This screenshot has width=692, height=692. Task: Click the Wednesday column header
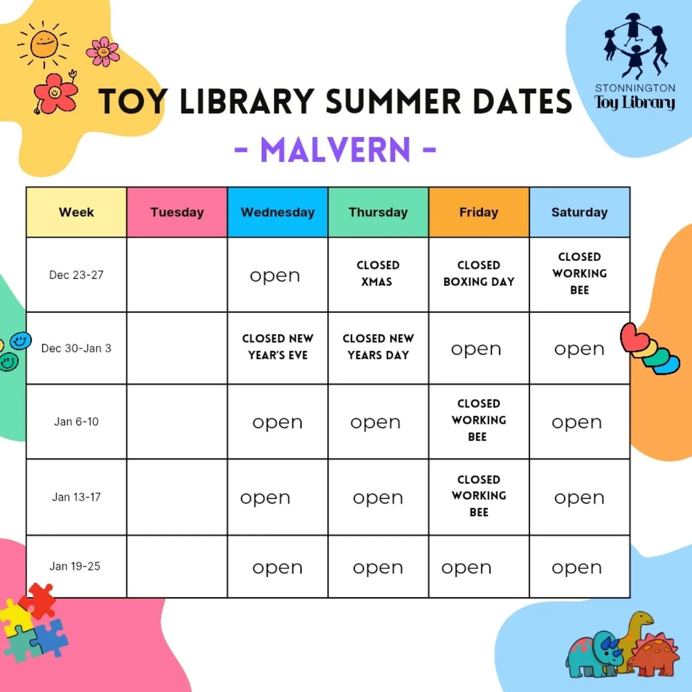pos(277,212)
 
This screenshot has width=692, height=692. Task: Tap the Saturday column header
pos(579,212)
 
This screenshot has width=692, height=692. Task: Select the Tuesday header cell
pos(177,212)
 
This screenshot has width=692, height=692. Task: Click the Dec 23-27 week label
pos(76,275)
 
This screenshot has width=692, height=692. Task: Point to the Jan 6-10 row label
pos(76,421)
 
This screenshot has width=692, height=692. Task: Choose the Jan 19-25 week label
pos(75,566)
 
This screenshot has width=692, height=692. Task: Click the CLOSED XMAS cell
pos(378,273)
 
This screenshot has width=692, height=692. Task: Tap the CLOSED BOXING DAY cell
pos(479,273)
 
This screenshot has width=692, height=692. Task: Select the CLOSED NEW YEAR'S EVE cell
pos(277,346)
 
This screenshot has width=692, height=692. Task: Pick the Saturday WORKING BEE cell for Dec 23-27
pos(579,273)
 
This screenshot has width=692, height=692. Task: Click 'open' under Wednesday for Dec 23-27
pos(275,276)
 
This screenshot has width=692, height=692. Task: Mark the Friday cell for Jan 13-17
pos(479,496)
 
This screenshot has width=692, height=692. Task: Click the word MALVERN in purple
pos(335,150)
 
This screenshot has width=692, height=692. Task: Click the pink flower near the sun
pos(102,51)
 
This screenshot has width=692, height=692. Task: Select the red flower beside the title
pos(55,92)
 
